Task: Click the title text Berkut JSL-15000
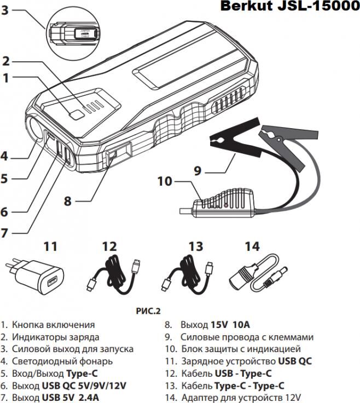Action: (289, 7)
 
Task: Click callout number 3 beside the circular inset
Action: (5, 10)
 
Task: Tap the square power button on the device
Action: (77, 114)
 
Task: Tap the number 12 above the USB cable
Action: (109, 246)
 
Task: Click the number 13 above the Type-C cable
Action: (195, 246)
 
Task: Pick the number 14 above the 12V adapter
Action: (252, 246)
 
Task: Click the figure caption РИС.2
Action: (148, 311)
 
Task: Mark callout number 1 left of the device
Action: (5, 78)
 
